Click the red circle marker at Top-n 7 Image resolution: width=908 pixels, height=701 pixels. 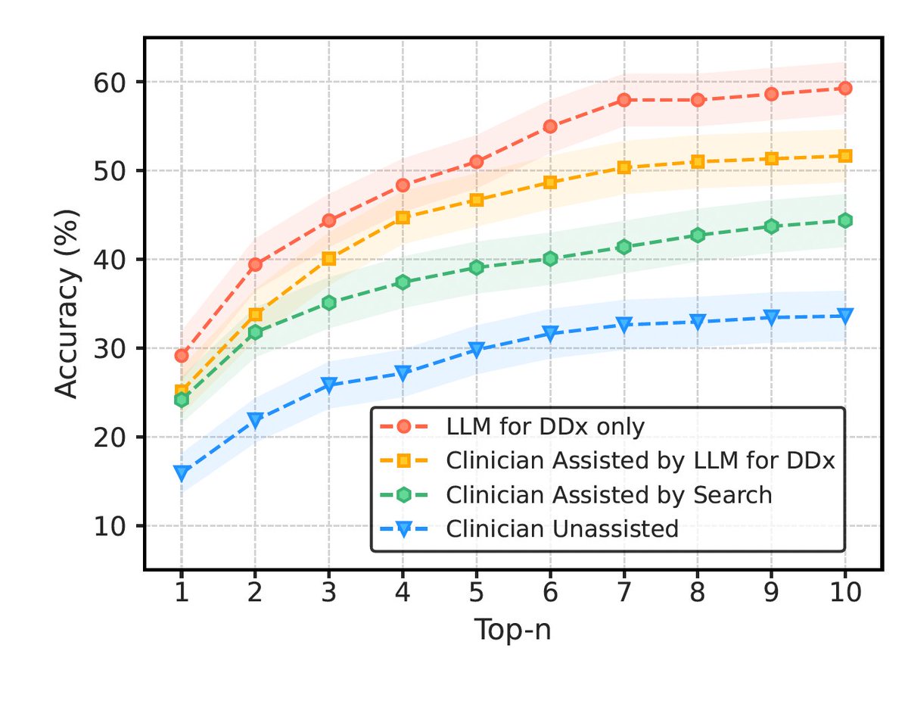pyautogui.click(x=623, y=100)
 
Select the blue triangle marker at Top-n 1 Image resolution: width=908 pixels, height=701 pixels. pyautogui.click(x=181, y=472)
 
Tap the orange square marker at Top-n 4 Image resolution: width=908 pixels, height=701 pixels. pyautogui.click(x=403, y=217)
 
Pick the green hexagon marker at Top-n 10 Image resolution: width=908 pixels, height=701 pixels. pyautogui.click(x=844, y=220)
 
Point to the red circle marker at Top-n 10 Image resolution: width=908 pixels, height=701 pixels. pyautogui.click(x=844, y=89)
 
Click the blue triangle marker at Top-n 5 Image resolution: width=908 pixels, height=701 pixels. pyautogui.click(x=476, y=349)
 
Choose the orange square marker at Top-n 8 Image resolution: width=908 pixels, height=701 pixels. pyautogui.click(x=698, y=161)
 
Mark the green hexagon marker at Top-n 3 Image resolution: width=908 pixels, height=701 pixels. pyautogui.click(x=328, y=302)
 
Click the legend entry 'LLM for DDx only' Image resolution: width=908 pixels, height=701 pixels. pyautogui.click(x=545, y=427)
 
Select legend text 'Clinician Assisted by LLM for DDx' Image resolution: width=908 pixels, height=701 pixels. pyautogui.click(x=640, y=460)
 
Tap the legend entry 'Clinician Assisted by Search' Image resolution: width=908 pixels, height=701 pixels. pyautogui.click(x=609, y=494)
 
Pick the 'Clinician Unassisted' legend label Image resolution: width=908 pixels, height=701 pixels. pyautogui.click(x=562, y=528)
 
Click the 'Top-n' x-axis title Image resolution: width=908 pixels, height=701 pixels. pyautogui.click(x=512, y=630)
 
